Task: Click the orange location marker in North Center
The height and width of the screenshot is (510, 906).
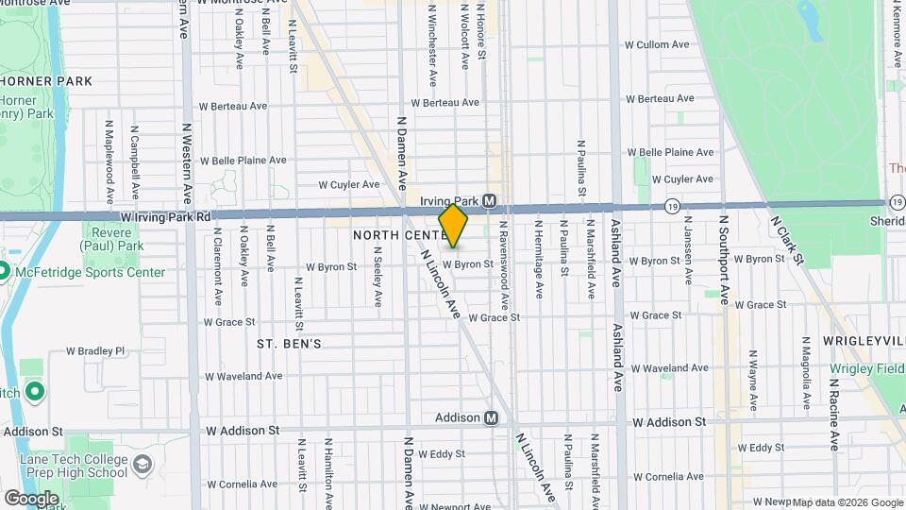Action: click(x=453, y=226)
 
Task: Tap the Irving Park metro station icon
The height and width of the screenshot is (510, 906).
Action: click(x=490, y=201)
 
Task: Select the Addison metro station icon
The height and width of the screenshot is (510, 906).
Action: click(x=491, y=417)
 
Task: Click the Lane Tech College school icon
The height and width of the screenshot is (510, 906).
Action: click(x=142, y=466)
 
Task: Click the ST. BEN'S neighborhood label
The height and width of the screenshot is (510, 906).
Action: click(x=289, y=345)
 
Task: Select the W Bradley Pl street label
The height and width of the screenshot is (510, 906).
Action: click(x=95, y=350)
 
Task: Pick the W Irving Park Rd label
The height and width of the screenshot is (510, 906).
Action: click(x=165, y=217)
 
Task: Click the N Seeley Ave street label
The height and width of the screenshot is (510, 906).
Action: click(x=377, y=277)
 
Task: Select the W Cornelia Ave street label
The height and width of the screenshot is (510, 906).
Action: click(x=242, y=484)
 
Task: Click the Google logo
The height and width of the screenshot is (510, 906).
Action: click(x=31, y=498)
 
